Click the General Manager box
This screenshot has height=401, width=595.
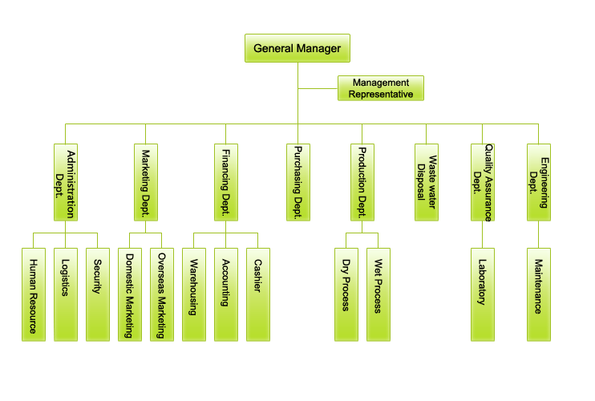pos(297,48)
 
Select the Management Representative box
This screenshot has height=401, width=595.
pos(381,88)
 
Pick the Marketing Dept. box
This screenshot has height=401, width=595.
pos(145,182)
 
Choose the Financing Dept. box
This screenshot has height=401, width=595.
pos(225,182)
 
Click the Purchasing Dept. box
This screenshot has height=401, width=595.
pos(297,182)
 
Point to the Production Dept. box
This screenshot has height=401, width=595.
pos(362,182)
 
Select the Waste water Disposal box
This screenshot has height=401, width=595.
pos(426,182)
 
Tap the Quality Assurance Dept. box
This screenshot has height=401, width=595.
pos(482,182)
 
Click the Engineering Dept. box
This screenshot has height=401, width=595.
pos(538,182)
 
